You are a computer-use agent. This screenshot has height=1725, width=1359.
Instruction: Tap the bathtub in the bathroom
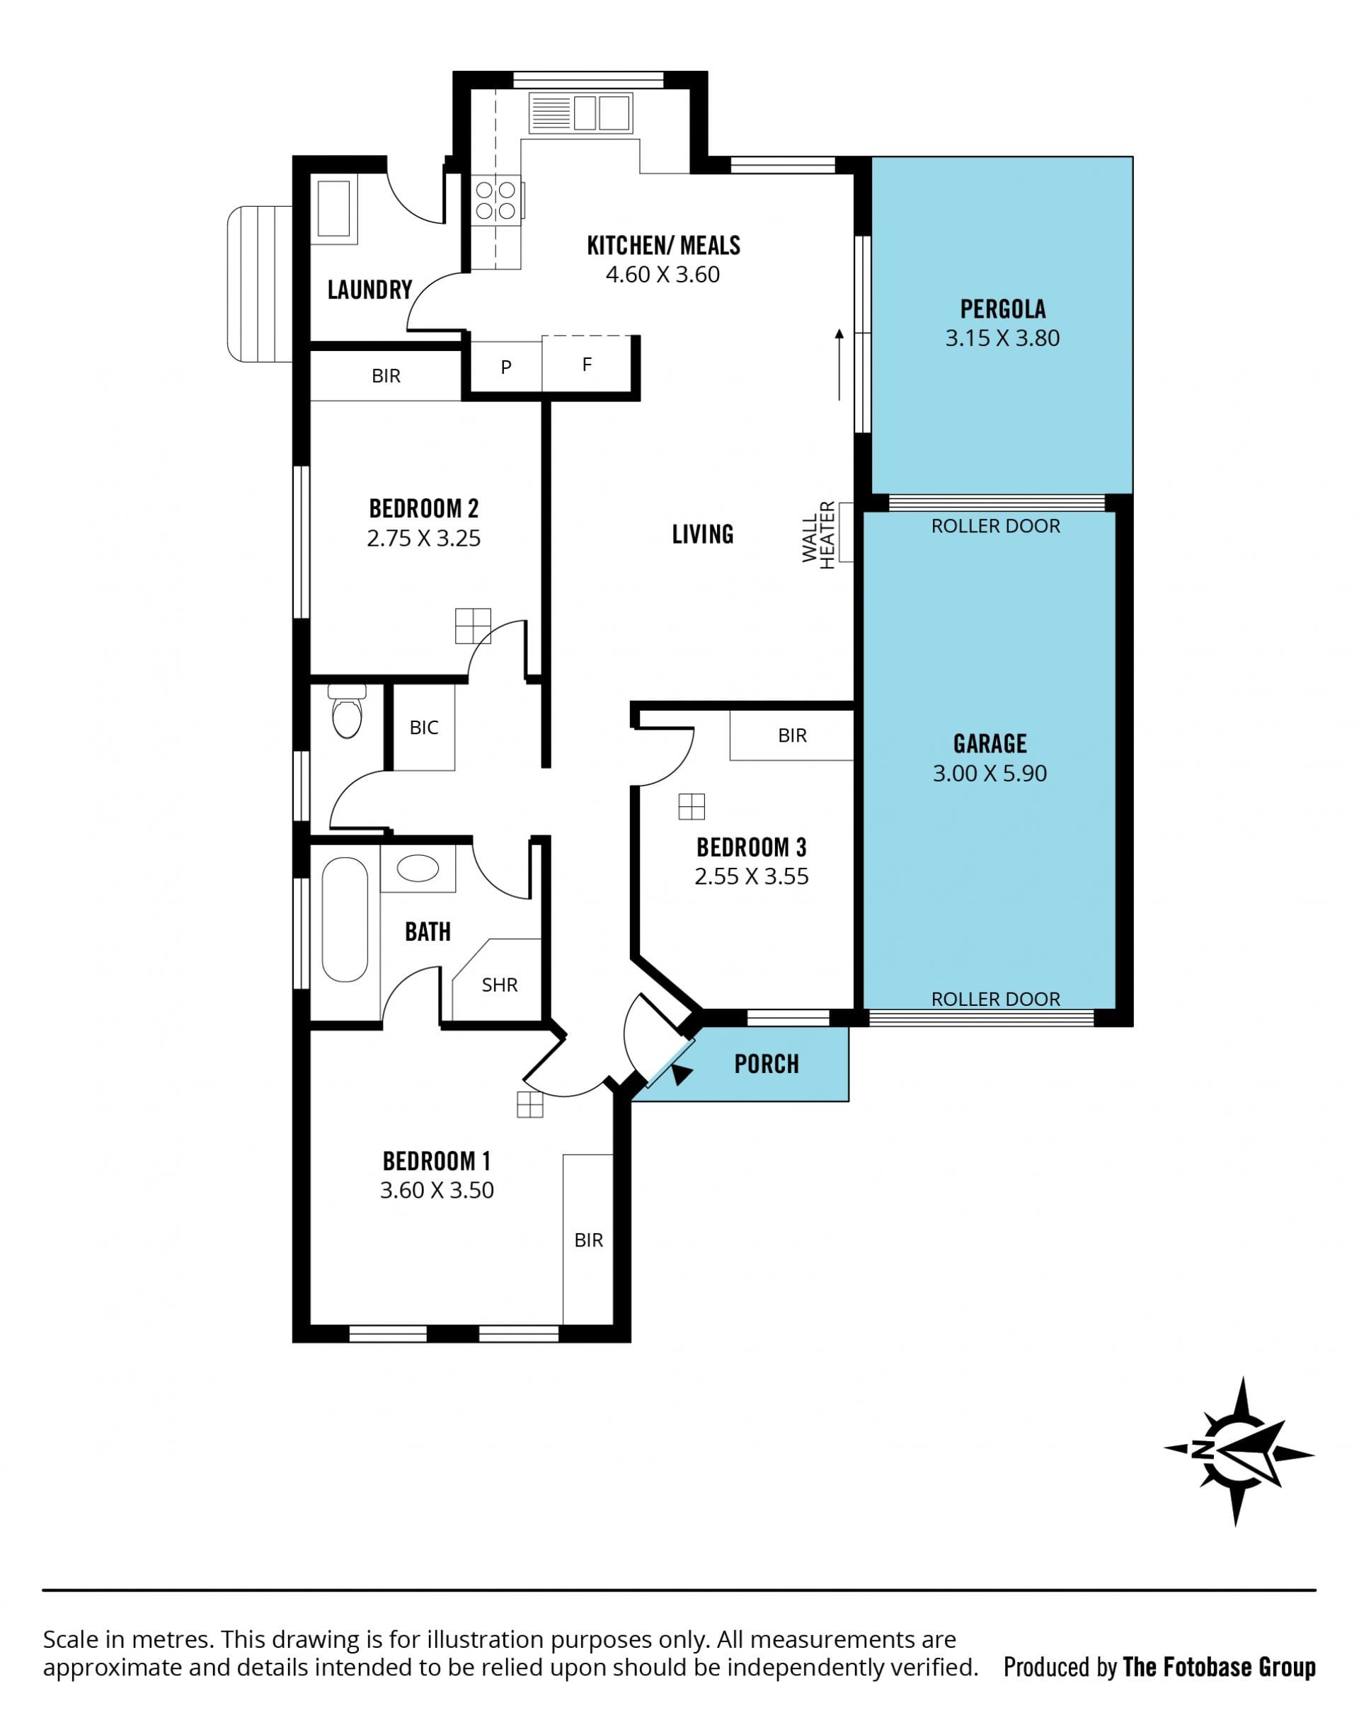pyautogui.click(x=345, y=919)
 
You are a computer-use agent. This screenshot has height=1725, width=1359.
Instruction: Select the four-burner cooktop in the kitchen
pyautogui.click(x=495, y=200)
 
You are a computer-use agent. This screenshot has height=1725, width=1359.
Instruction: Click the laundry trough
pyautogui.click(x=333, y=207)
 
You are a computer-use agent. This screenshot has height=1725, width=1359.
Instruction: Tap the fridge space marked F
pyautogui.click(x=587, y=365)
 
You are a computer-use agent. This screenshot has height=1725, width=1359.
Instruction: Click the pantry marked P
pyautogui.click(x=506, y=367)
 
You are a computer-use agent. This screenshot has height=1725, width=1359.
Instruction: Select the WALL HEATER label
pyautogui.click(x=819, y=534)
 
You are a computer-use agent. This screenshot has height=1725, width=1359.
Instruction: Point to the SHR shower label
pyautogui.click(x=500, y=985)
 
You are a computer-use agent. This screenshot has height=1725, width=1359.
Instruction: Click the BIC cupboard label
pyautogui.click(x=424, y=727)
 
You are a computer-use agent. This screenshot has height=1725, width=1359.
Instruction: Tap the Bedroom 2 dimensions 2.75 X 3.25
pyautogui.click(x=424, y=539)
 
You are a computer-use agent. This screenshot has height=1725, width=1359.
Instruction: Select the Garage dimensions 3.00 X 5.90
pyautogui.click(x=990, y=774)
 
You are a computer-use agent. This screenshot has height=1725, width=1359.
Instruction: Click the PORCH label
pyautogui.click(x=767, y=1064)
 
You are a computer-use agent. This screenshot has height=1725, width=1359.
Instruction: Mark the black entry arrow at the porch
pyautogui.click(x=681, y=1074)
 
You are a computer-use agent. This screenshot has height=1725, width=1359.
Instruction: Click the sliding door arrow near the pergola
pyautogui.click(x=839, y=364)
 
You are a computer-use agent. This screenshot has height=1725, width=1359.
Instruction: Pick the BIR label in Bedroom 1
pyautogui.click(x=589, y=1239)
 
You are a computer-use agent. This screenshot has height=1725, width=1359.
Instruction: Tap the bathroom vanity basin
pyautogui.click(x=418, y=868)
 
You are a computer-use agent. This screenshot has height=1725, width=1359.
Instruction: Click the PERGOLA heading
pyautogui.click(x=1002, y=309)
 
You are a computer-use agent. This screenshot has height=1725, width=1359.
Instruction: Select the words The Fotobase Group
pyautogui.click(x=1219, y=1667)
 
